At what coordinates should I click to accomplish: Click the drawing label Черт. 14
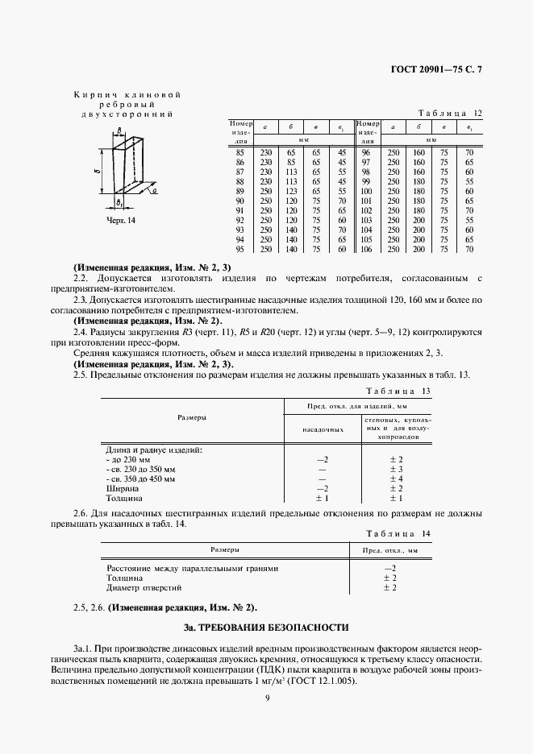(121, 220)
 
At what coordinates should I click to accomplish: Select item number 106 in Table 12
(365, 250)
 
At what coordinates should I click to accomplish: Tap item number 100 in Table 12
(365, 191)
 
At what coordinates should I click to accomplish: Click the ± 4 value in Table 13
(396, 479)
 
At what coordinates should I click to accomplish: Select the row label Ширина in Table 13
(123, 489)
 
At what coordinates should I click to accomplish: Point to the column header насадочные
(323, 429)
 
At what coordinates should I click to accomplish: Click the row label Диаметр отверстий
(140, 587)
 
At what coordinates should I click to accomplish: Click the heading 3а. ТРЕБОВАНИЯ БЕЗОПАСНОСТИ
(266, 626)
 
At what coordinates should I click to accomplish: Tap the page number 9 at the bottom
(266, 698)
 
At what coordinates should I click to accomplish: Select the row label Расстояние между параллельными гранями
(193, 568)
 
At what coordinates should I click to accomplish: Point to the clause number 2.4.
(81, 331)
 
